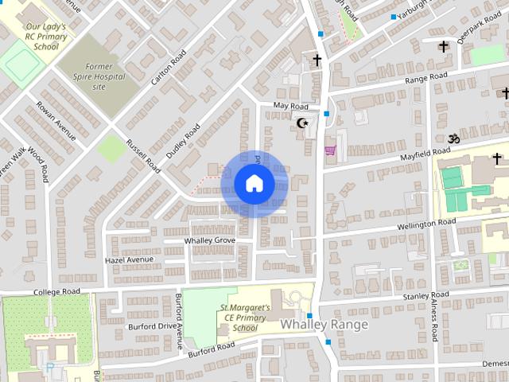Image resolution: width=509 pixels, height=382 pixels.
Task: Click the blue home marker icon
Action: tap(254, 184)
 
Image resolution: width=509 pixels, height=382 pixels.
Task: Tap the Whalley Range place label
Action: tap(324, 325)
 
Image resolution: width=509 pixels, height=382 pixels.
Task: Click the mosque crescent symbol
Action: tap(302, 123)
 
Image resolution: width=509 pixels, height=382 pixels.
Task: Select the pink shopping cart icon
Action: tap(330, 150)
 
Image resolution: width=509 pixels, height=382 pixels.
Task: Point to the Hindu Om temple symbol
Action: tap(454, 138)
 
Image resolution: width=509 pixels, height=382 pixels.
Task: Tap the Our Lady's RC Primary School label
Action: tap(44, 37)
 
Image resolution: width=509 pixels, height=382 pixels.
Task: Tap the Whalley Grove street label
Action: tap(210, 240)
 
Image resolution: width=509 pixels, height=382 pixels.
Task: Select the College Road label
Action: tap(58, 293)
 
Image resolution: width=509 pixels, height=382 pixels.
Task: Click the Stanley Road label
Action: tap(426, 296)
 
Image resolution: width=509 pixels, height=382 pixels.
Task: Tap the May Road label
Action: tap(290, 106)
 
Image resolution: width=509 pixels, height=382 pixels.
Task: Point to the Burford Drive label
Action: tap(155, 326)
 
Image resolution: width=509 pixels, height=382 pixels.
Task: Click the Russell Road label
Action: tap(143, 151)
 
